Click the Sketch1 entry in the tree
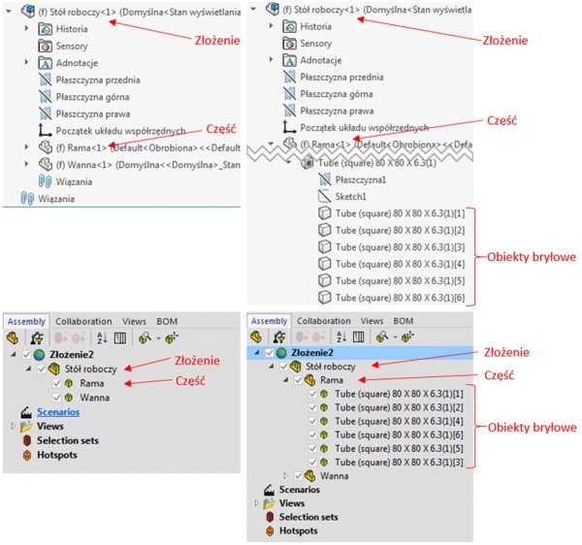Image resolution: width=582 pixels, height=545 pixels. pos(355,197)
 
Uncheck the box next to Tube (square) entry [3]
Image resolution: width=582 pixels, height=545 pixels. pos(313,463)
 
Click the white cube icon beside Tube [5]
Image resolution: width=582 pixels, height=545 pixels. pos(326,280)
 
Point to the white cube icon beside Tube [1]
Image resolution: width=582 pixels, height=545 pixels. pos(326,213)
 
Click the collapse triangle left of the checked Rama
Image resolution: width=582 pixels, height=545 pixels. pos(287,381)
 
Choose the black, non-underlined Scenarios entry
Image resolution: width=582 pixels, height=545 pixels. pos(302,490)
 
